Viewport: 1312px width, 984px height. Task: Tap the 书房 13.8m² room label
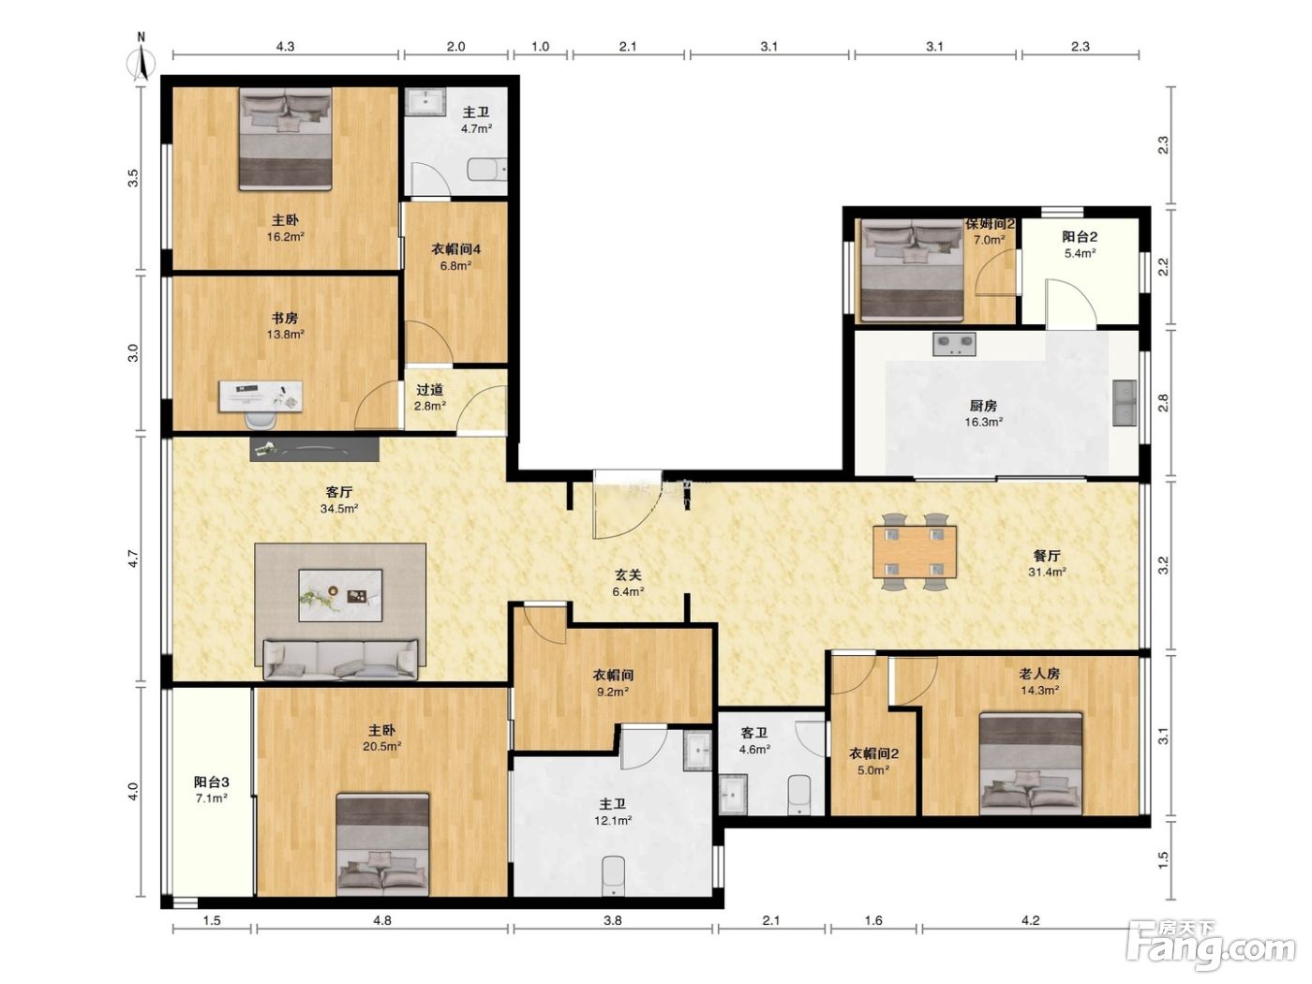tap(285, 325)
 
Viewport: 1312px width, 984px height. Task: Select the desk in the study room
tap(260, 396)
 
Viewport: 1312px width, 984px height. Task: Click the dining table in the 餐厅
tap(915, 551)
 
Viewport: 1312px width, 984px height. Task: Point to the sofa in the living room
tap(341, 659)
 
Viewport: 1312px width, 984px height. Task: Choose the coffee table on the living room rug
tap(340, 595)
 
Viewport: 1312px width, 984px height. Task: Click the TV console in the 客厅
tap(314, 449)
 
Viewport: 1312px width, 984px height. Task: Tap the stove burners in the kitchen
tap(954, 344)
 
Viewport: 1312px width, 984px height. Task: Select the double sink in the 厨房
tap(1125, 403)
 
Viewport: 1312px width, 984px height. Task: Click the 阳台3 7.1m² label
tap(212, 790)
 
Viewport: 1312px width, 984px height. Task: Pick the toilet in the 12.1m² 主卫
tap(613, 877)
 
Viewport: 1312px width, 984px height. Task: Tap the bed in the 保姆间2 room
tap(912, 270)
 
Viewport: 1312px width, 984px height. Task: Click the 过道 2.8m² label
tap(430, 397)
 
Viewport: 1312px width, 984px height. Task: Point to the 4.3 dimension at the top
tap(286, 46)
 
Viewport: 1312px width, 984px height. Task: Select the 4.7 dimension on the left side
tap(133, 559)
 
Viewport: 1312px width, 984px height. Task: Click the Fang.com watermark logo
tap(1211, 945)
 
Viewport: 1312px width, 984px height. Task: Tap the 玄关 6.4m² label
tap(628, 583)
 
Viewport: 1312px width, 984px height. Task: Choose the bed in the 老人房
tap(1031, 764)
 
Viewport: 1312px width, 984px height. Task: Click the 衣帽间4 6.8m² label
tap(456, 257)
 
